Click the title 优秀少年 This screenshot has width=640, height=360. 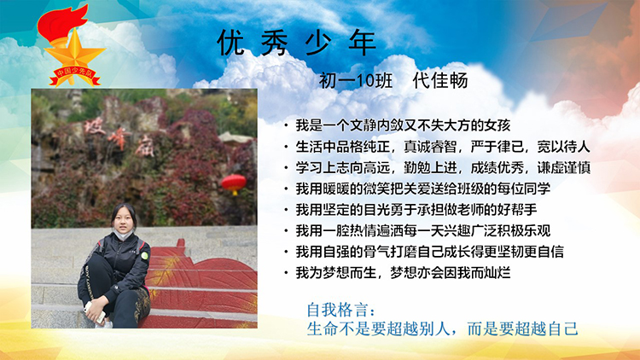pos(296,43)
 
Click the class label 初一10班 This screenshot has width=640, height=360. pos(356,80)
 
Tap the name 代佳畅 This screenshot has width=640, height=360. pos(440,80)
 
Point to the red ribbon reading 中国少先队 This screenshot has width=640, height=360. pos(75,76)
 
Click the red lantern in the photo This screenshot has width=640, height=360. pos(234,183)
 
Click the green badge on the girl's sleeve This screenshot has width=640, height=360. pos(144,256)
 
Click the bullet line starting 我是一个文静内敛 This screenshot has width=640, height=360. pos(403,125)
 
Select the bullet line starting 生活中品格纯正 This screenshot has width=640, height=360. pos(443,147)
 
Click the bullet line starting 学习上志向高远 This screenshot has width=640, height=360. pos(443,167)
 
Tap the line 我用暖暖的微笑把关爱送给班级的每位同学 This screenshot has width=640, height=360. pos(423,189)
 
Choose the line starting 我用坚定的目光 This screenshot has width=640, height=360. pos(416,210)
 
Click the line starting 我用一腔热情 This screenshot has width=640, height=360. pos(423,230)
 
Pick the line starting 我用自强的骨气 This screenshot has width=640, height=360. pos(429,252)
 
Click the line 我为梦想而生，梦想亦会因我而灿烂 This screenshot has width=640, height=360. pos(403,273)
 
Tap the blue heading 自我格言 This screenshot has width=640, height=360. pos(340,311)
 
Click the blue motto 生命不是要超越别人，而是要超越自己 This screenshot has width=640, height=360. pos(442,328)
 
